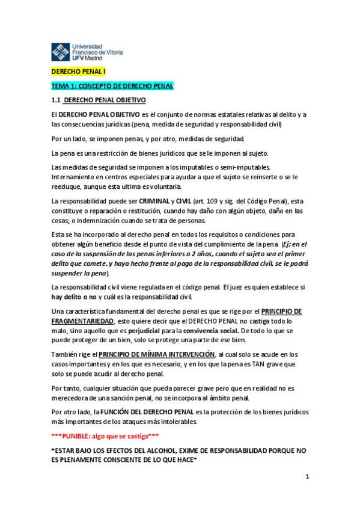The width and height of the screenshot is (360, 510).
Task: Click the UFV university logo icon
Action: [x=60, y=52]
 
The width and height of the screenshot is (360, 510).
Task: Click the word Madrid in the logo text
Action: [x=92, y=58]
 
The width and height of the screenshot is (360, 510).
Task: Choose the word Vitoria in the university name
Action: [x=120, y=52]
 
